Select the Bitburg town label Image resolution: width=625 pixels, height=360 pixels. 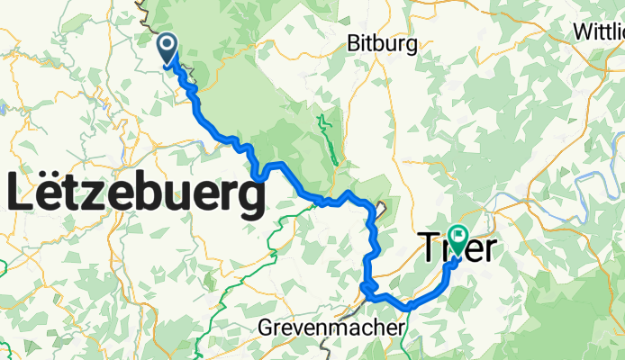point(382,43)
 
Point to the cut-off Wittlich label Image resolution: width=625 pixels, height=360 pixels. point(598,31)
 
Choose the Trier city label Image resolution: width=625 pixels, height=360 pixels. point(457,247)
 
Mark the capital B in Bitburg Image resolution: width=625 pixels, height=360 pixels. point(354,43)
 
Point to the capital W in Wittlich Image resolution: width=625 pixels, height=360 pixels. point(582,31)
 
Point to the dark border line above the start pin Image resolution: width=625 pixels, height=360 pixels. point(144,7)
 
